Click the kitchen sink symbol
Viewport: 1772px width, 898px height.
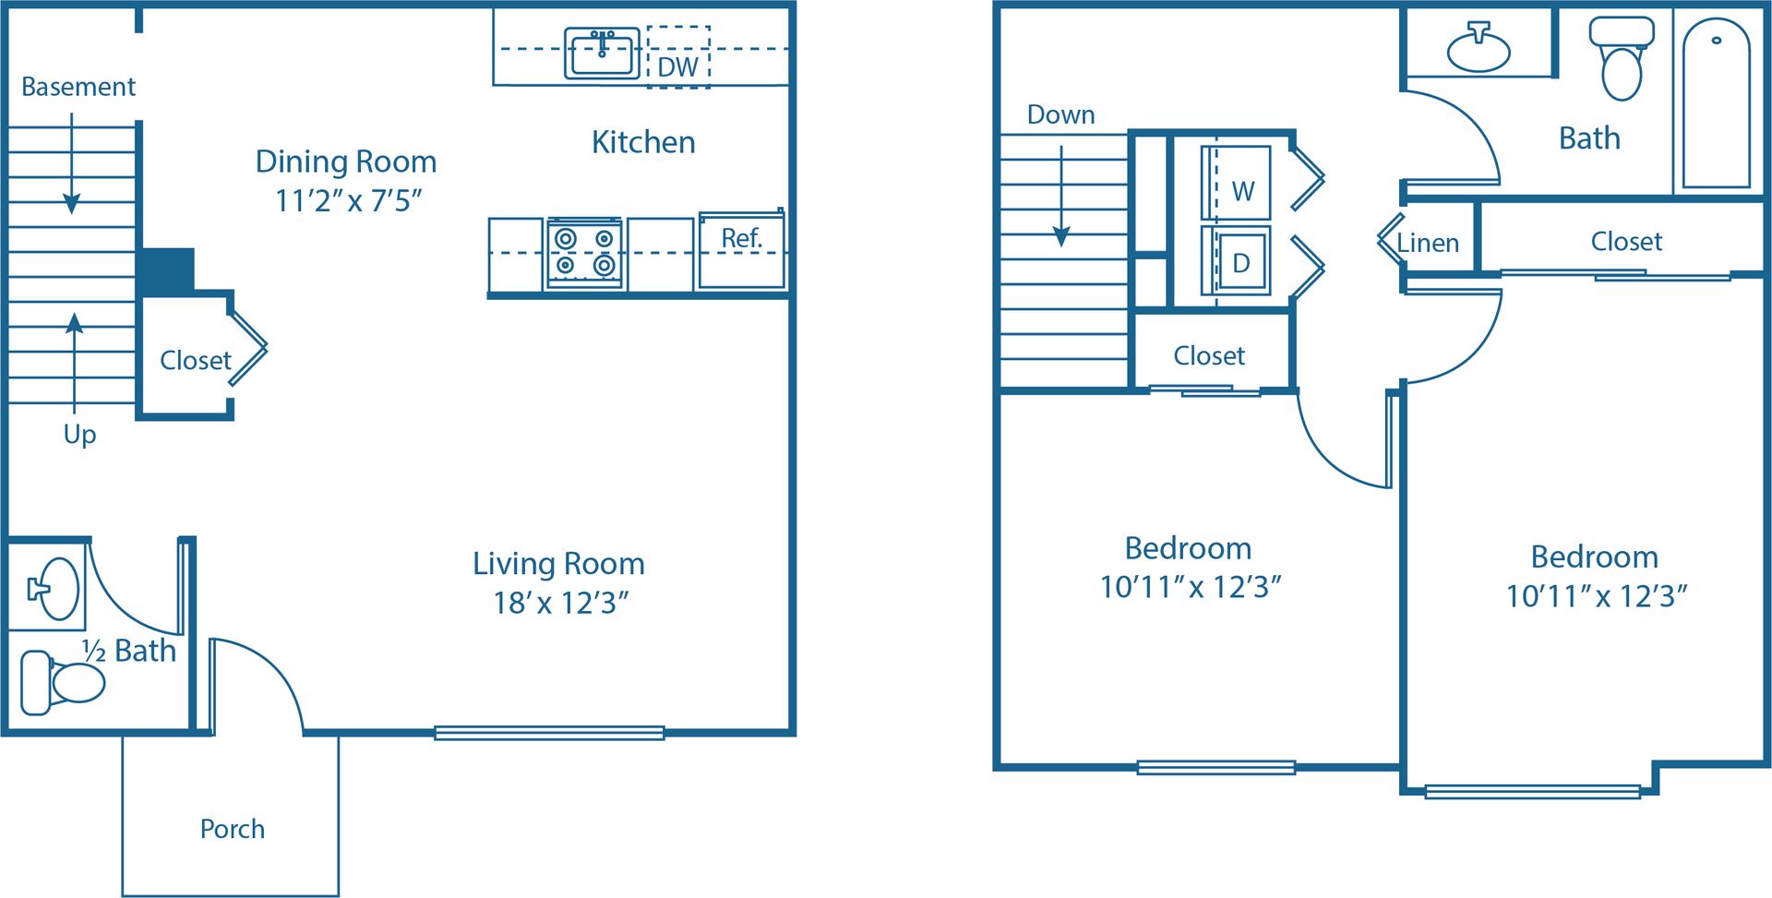coord(602,54)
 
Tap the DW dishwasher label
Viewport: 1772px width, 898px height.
coord(677,66)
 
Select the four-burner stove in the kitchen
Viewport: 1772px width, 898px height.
coord(584,253)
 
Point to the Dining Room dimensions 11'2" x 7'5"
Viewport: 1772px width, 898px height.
coord(348,200)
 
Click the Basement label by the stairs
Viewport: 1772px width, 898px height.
coord(78,87)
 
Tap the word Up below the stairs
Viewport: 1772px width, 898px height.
coord(79,434)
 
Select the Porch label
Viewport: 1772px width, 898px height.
coord(233,829)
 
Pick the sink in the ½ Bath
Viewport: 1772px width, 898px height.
coord(55,588)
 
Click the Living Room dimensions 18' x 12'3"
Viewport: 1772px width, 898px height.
coord(560,603)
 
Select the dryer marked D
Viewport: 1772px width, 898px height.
coord(1237,261)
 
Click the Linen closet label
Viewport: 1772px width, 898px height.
coord(1428,243)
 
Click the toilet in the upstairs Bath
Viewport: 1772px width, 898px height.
coord(1622,59)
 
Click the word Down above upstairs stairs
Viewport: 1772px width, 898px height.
coord(1060,114)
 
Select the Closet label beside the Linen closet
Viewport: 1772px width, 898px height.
coord(1626,241)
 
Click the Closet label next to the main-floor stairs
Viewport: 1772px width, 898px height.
coord(195,360)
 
